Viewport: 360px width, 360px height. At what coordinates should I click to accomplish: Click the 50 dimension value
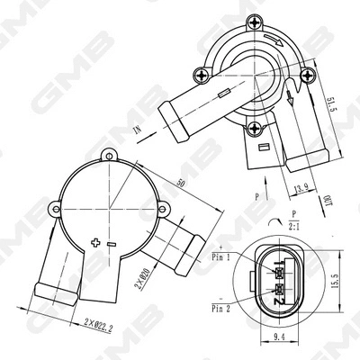(184, 184)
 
